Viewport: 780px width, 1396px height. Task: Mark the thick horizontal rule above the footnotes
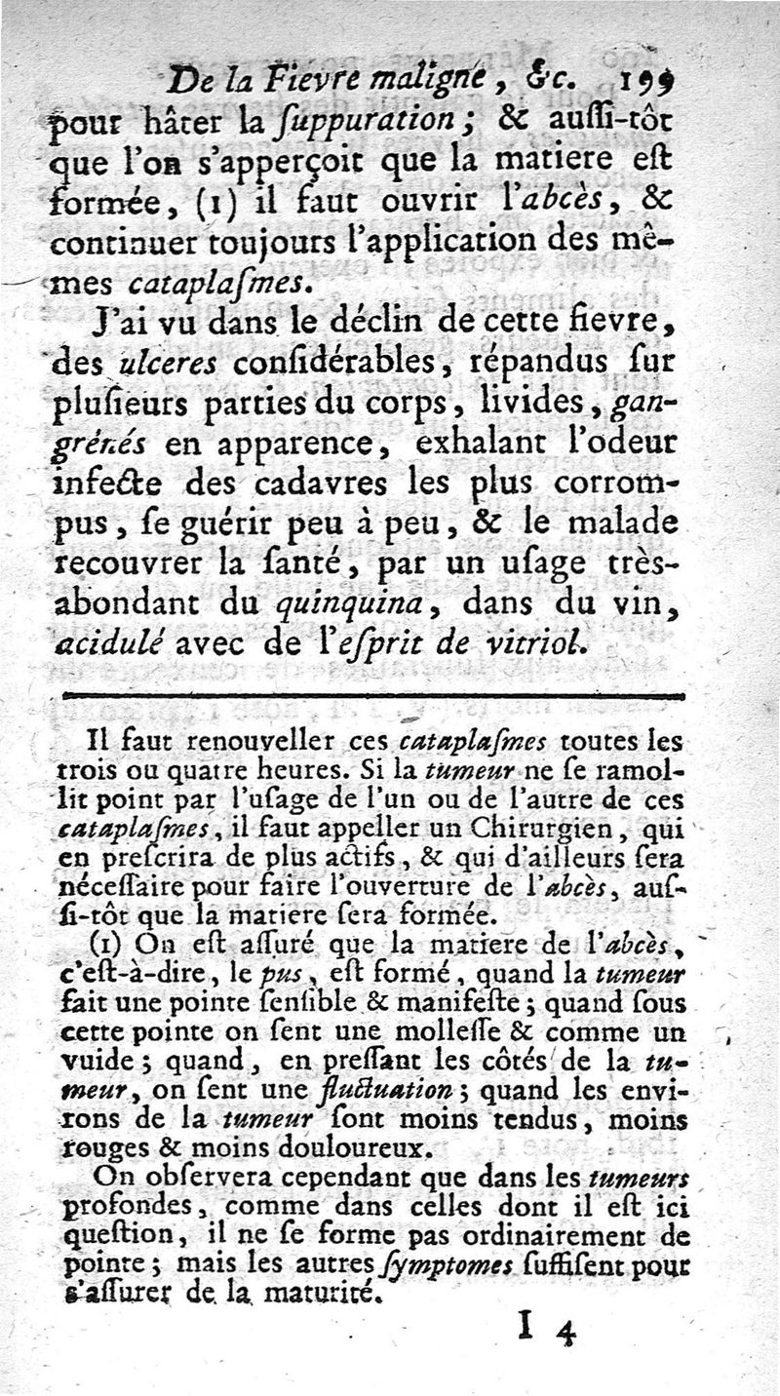coord(373,695)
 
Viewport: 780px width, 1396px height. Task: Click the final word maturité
coord(319,1296)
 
